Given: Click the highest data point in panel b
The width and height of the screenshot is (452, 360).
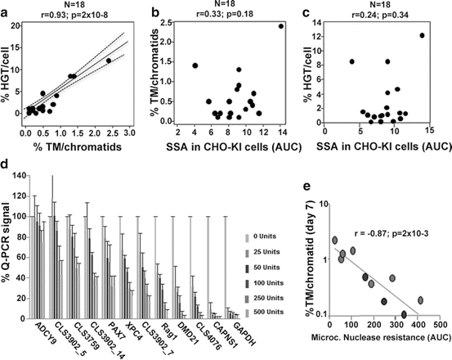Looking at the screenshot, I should [x=281, y=26].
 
